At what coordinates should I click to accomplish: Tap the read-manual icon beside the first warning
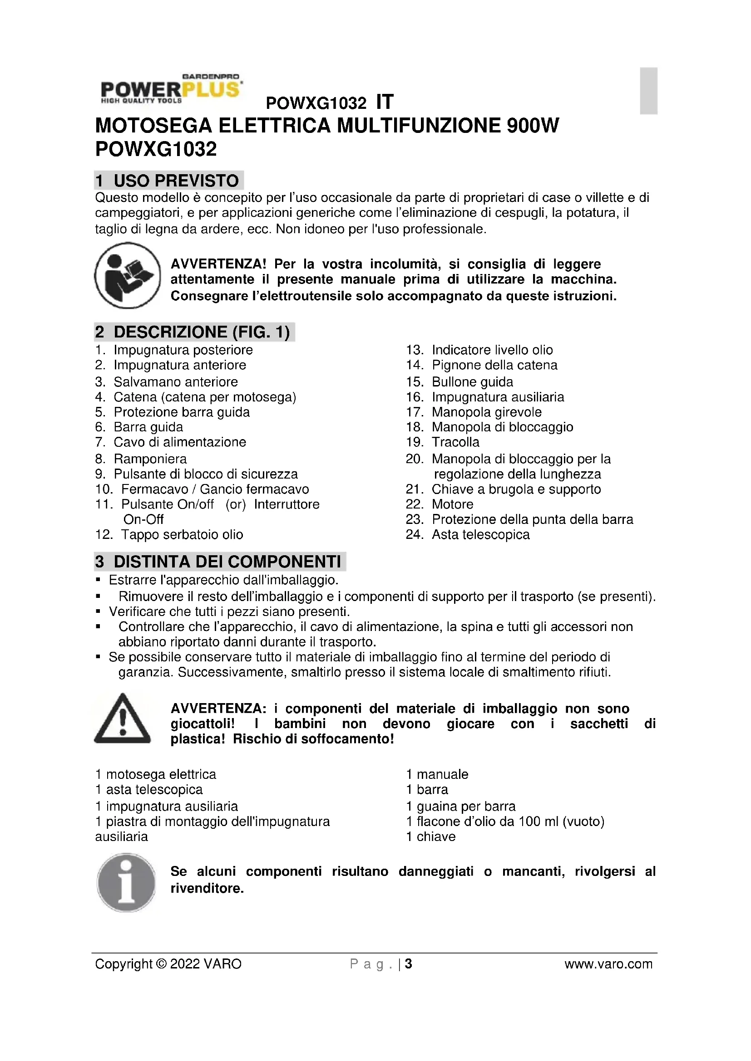point(127,275)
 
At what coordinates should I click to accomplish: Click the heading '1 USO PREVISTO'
point(169,180)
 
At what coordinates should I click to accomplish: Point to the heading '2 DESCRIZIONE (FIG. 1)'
point(194,332)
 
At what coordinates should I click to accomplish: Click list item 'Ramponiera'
point(150,459)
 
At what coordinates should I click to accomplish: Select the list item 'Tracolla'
point(455,442)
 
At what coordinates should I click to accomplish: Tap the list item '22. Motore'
point(452,504)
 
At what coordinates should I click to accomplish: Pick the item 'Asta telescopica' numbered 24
point(480,535)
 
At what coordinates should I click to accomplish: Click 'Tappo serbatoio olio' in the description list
point(182,535)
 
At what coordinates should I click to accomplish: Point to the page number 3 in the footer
point(408,964)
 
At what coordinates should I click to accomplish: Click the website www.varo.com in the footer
point(608,964)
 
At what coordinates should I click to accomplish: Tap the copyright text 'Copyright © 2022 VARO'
point(168,964)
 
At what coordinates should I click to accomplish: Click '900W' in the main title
point(533,126)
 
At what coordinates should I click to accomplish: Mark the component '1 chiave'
point(430,836)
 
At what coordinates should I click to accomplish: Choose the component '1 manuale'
point(437,774)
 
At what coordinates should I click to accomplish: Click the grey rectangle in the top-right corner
point(648,91)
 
